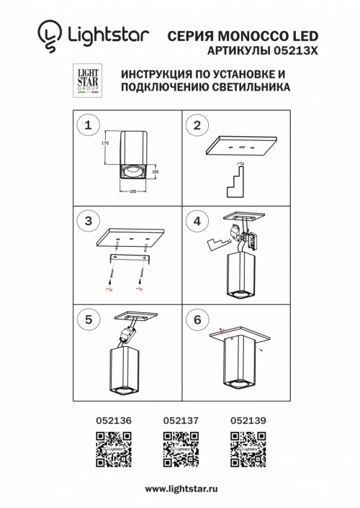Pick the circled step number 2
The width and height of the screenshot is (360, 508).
coord(194,126)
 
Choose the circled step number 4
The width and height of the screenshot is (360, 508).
coord(194,221)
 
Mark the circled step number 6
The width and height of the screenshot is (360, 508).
coord(194,317)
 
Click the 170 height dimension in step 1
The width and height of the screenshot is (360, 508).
coord(105,144)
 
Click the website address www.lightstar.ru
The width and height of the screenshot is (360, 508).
coord(179,489)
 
